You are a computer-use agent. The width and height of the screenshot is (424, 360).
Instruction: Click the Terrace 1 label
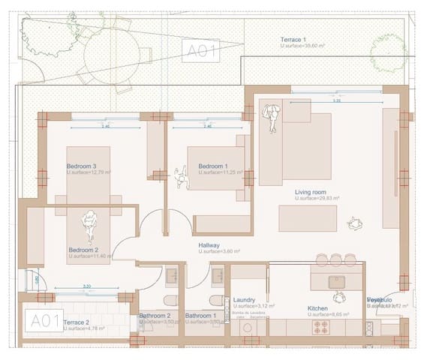[293, 39]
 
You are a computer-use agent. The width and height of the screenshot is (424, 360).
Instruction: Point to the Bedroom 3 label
[82, 166]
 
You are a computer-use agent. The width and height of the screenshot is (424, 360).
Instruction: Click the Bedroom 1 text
[212, 166]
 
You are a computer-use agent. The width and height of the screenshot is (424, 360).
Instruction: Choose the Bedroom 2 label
[83, 250]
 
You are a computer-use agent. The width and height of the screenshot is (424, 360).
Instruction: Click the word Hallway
[209, 245]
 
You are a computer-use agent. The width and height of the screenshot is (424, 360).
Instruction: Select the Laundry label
[245, 299]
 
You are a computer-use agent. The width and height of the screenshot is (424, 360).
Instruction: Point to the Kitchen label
[318, 308]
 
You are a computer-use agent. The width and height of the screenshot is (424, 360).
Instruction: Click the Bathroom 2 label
[155, 316]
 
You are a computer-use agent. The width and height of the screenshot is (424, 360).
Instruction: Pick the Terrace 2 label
[77, 322]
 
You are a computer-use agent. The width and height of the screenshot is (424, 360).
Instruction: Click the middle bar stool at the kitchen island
[322, 259]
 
